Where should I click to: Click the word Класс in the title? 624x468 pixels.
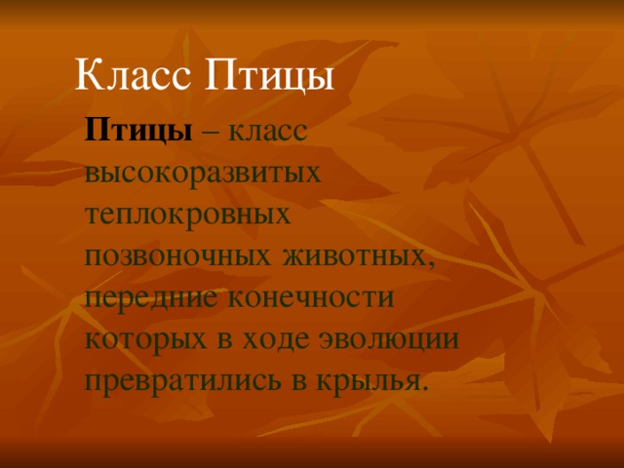134,75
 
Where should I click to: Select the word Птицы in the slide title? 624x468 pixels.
269,76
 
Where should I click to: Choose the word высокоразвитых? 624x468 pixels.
204,174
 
